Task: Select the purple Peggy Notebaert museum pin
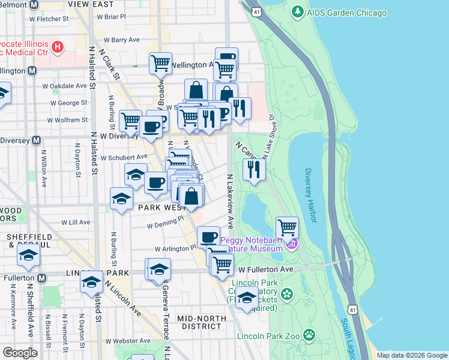(292, 244)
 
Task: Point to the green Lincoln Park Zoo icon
(309, 334)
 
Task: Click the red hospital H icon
(58, 46)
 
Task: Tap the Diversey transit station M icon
(36, 140)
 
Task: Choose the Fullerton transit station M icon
(41, 278)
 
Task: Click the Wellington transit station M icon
(32, 70)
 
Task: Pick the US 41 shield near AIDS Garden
(256, 11)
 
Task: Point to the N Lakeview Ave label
(230, 202)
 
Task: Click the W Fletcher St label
(48, 19)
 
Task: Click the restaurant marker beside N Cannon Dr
(255, 170)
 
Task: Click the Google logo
(20, 353)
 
